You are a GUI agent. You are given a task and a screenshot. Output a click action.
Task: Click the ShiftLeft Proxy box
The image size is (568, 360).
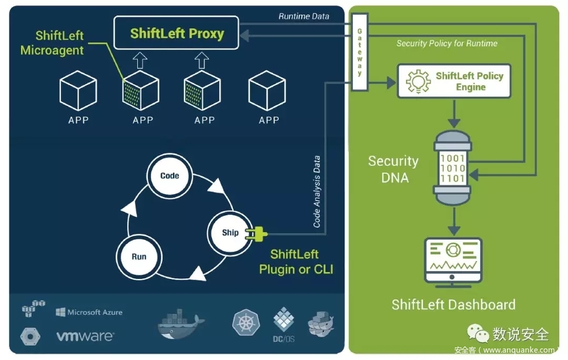[x=177, y=34]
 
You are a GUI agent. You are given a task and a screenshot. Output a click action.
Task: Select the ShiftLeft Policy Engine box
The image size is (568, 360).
[x=454, y=81]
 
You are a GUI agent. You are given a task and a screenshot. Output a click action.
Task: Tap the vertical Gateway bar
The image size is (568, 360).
[x=360, y=53]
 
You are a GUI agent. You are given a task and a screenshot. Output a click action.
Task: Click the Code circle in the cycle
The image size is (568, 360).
[x=169, y=176]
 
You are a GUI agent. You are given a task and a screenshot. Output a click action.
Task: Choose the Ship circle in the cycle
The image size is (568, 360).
[x=230, y=232]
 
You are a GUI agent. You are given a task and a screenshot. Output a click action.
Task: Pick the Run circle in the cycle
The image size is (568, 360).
[x=139, y=257]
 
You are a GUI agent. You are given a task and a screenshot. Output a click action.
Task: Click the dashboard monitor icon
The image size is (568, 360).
[x=453, y=260]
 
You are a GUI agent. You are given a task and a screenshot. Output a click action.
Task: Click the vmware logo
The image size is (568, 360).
[x=85, y=336]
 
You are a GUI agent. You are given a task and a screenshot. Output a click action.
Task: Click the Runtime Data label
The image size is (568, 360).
[x=303, y=16]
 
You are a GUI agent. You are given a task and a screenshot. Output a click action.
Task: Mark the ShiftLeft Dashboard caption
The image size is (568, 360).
[x=453, y=304]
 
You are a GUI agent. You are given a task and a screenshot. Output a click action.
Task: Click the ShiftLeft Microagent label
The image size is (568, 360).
[x=52, y=43]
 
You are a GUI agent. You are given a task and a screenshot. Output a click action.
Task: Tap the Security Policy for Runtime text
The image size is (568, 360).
[x=447, y=44]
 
